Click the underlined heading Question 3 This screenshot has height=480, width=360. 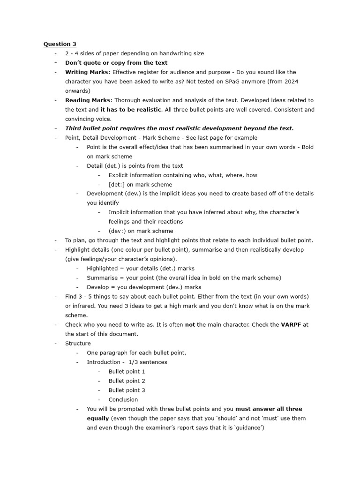point(60,44)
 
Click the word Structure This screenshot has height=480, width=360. point(78,344)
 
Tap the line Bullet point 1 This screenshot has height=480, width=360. point(127,372)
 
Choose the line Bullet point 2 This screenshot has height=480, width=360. point(127,381)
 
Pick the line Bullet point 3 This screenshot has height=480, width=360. point(127,390)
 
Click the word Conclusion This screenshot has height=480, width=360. point(123,400)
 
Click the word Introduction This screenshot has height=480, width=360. point(104,362)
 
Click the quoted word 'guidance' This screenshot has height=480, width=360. point(249,428)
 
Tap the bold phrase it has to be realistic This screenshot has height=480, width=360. point(131,110)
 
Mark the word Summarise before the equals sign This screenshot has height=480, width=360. point(101,278)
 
